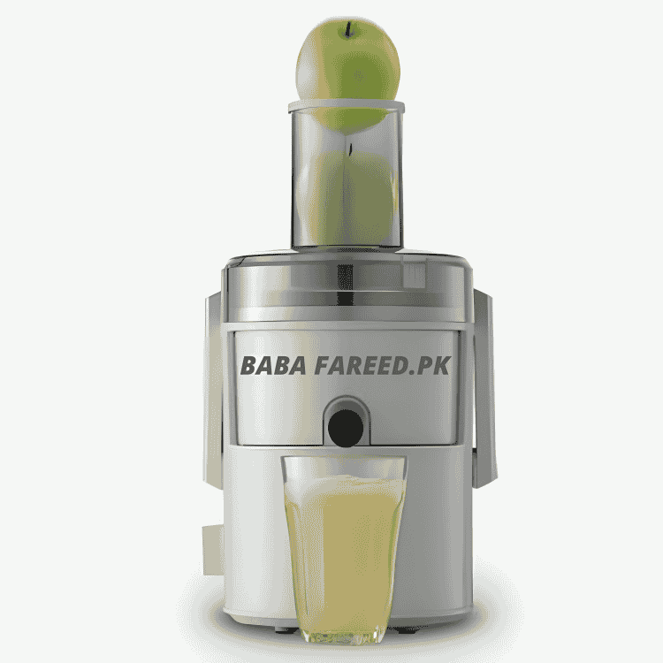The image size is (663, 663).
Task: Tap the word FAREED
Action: [x=363, y=365]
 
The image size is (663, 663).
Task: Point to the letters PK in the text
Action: [x=436, y=365]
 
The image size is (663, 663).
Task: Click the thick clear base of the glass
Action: [x=343, y=633]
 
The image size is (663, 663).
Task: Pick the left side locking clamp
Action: [x=215, y=389]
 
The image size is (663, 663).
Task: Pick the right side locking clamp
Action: [x=483, y=389]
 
